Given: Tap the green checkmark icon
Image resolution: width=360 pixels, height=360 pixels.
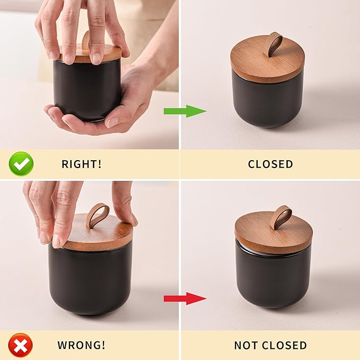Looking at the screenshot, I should tap(21, 164).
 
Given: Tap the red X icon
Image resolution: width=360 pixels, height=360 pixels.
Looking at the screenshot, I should tap(21, 346).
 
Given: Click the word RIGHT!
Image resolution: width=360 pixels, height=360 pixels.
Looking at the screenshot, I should tap(81, 164).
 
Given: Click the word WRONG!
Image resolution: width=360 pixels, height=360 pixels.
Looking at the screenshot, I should tap(81, 346).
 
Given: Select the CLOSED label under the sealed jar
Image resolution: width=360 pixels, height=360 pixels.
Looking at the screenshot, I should tap(270, 164).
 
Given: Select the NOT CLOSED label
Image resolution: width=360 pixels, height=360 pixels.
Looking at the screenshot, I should tap(270, 346).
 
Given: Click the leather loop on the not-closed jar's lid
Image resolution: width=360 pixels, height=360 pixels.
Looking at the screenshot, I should tap(280, 217).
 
